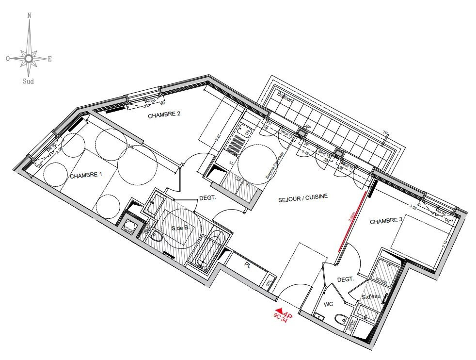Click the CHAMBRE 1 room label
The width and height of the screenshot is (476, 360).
click(86, 176)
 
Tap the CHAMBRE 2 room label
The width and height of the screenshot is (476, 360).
click(164, 115)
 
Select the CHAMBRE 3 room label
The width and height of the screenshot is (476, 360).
click(387, 221)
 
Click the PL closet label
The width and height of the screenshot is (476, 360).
click(248, 265)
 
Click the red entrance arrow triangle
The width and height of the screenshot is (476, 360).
click(279, 311)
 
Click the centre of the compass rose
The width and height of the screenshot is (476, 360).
click(29, 59)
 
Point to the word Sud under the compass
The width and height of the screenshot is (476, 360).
click(29, 82)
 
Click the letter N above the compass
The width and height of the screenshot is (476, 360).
click(30, 15)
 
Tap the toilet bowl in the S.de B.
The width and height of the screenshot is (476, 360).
click(156, 237)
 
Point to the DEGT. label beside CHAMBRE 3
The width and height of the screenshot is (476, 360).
click(346, 280)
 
